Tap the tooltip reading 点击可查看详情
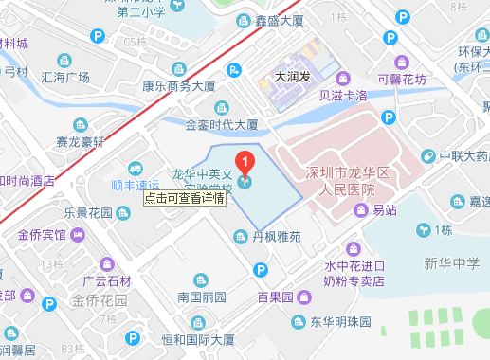tap(186, 199)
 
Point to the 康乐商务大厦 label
tap(179, 84)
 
